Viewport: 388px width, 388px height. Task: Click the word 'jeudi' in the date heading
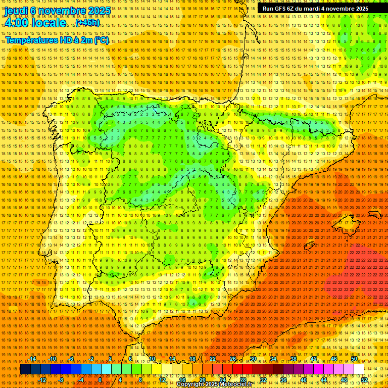16,10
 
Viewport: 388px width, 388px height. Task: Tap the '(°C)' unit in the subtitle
101,40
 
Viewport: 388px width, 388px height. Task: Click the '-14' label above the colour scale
32,359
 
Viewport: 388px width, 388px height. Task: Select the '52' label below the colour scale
364,379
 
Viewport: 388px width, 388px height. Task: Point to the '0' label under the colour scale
101,379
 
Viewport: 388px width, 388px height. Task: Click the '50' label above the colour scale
354,359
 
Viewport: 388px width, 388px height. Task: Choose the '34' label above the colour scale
273,359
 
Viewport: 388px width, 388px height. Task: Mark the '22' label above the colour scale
213,359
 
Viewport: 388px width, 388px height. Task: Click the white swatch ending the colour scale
359,369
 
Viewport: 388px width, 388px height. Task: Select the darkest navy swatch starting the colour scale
25,369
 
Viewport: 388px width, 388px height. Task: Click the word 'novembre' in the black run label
341,9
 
